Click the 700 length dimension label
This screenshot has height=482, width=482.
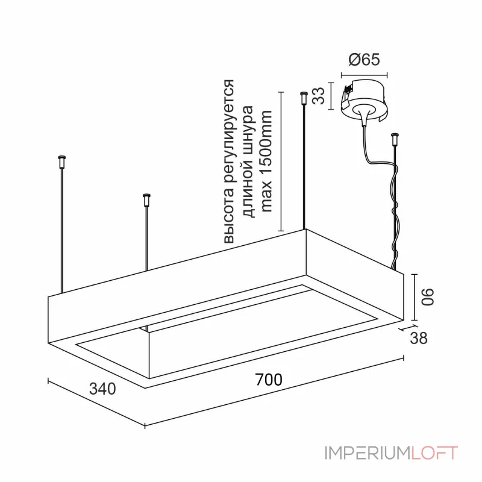(269, 380)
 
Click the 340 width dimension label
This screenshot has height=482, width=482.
(102, 389)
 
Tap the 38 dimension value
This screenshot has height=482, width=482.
(419, 338)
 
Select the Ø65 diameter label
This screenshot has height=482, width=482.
(365, 59)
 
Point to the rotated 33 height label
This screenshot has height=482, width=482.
(319, 96)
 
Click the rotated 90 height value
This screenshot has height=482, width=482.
(428, 296)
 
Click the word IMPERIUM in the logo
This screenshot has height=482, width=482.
(367, 453)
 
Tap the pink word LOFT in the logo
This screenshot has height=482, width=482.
(434, 453)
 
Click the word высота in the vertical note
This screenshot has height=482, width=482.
(230, 216)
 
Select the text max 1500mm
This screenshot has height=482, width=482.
(266, 161)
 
